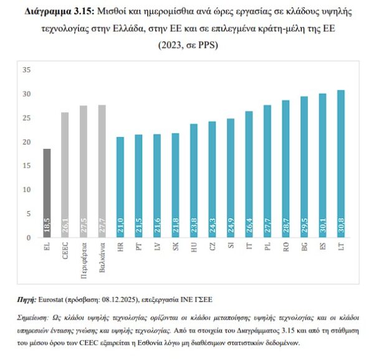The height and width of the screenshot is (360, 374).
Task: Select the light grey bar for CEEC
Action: [x=65, y=174]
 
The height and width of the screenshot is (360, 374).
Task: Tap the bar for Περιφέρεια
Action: [x=84, y=171]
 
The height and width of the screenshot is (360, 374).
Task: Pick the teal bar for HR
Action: [x=120, y=187]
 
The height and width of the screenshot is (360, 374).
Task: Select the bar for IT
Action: [x=249, y=174]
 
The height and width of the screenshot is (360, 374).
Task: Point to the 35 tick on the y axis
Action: [x=27, y=70]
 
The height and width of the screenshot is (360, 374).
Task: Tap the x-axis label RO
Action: [x=285, y=247]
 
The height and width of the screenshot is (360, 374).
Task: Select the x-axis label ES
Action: [x=322, y=247]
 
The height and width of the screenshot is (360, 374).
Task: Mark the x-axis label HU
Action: [x=194, y=247]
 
